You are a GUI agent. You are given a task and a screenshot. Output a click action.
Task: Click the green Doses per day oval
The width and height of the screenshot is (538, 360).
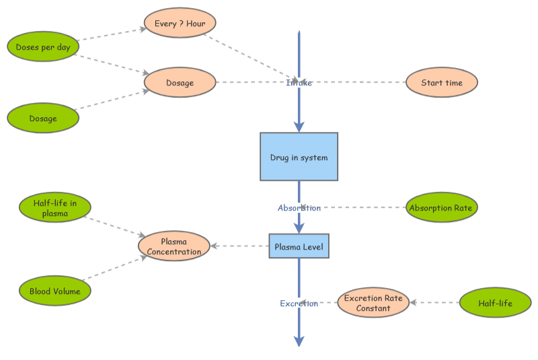[x=43, y=47]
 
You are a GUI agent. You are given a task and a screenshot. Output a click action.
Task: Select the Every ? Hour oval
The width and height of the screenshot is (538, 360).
[x=180, y=24]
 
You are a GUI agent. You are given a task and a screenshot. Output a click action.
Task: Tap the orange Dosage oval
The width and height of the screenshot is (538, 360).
[x=180, y=83]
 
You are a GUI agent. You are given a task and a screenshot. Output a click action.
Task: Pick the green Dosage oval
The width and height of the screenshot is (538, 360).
[x=43, y=118]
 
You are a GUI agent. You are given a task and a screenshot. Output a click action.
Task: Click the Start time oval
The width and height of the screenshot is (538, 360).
[x=442, y=83]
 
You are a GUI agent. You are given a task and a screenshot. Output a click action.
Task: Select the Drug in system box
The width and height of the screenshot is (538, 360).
[x=299, y=157]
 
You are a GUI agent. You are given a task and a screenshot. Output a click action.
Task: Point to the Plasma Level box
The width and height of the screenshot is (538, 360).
[x=299, y=247]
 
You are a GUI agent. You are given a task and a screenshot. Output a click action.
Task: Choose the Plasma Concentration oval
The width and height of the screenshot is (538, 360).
[x=174, y=246]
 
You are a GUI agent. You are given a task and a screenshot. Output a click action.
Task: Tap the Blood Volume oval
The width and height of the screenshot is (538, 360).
[x=54, y=291]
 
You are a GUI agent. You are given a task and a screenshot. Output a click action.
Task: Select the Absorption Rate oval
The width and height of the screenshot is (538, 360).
[x=441, y=208]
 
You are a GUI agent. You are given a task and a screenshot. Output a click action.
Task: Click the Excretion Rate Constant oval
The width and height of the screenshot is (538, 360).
[x=373, y=303]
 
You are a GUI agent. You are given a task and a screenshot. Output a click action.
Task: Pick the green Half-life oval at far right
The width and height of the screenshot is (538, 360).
[x=495, y=303]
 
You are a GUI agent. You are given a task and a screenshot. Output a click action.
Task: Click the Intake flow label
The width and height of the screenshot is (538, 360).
[x=299, y=83]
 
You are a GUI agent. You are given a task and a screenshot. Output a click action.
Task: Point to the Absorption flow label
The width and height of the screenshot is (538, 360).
[x=299, y=208]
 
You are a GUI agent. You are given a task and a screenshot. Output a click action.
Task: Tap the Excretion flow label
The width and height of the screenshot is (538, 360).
[x=299, y=303]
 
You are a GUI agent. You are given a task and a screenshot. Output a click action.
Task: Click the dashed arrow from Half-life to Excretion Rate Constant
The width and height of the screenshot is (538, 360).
[x=434, y=303]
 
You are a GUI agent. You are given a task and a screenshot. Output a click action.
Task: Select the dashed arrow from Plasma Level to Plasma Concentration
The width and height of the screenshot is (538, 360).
[x=240, y=246]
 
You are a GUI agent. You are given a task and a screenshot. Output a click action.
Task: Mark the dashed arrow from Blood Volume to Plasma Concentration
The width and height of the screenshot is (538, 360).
[x=114, y=268]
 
